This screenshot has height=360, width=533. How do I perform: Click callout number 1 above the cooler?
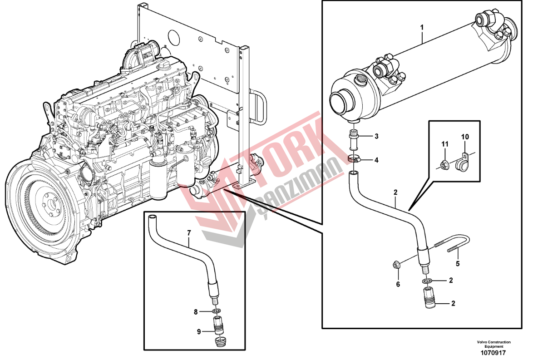coord(422,27)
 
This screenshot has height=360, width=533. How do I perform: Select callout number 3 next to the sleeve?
coord(376,137)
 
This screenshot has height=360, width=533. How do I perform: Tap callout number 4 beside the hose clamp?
coord(376,160)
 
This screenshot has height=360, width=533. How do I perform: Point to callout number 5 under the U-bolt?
coord(458,263)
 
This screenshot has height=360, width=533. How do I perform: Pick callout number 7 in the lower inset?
coord(189,233)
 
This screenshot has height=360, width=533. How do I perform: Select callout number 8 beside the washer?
coord(196,312)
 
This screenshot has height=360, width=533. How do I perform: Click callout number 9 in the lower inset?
coord(199,332)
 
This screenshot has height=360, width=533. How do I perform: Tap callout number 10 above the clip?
coord(465,137)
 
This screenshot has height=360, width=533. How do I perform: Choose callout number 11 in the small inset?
coord(445,144)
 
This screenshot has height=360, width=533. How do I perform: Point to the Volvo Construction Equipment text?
coord(494,344)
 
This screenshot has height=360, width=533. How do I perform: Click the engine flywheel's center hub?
coord(51,205)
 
